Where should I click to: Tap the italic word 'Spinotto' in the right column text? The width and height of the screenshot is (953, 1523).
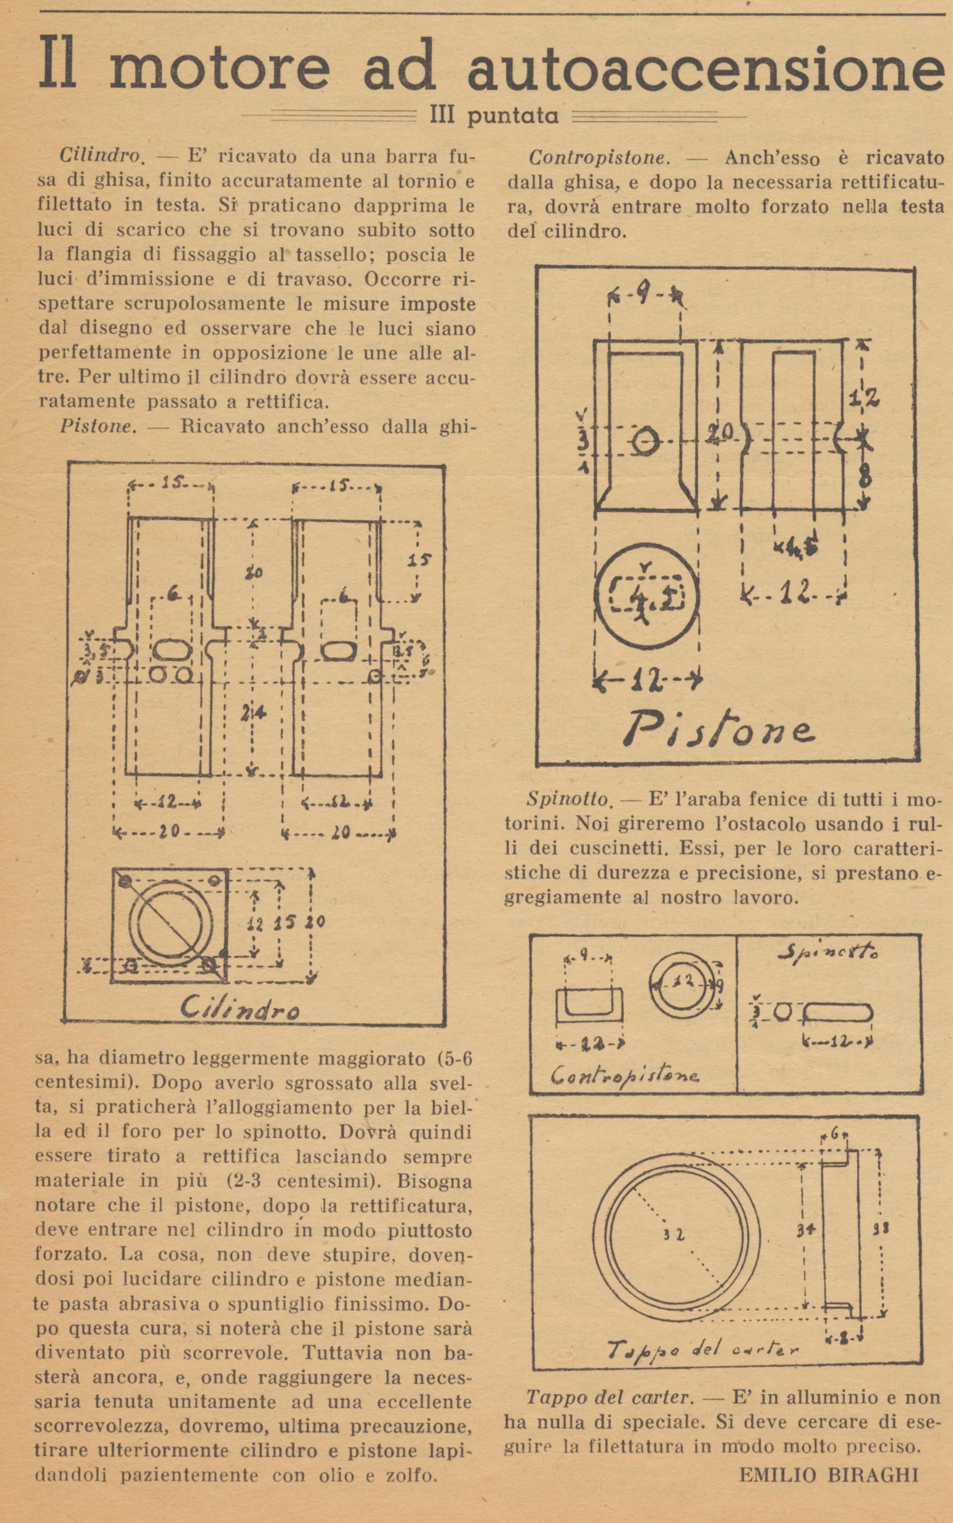pos(568,800)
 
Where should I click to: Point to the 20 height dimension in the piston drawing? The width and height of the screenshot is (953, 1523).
pos(719,433)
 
